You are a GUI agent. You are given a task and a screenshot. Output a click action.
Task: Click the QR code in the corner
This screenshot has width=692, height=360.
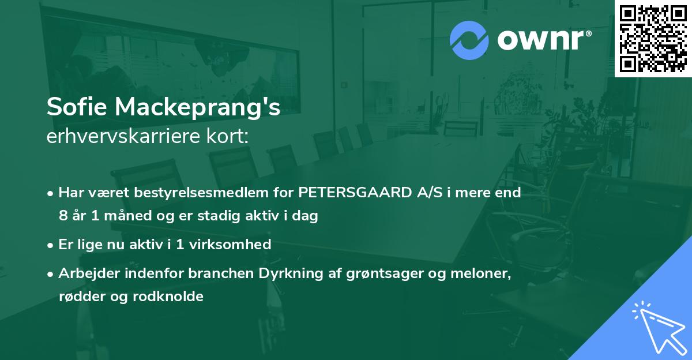pos(653,38)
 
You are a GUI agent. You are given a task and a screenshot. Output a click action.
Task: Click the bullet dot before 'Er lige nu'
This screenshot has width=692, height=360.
pos(51,245)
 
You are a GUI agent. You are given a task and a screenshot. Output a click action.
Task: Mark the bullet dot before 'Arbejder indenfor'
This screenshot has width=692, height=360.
pos(51,274)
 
